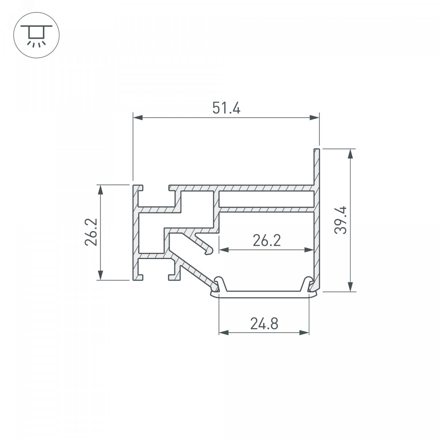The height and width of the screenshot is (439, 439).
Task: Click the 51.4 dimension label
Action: (226, 108)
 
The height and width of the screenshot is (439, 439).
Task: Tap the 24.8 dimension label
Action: (264, 324)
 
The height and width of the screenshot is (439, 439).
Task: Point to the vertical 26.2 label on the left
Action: (91, 232)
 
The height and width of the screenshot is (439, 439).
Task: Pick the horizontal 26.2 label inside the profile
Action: (267, 240)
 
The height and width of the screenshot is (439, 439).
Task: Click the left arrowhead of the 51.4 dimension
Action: (138, 117)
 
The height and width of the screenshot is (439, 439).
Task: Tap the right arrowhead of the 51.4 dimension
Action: (315, 117)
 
